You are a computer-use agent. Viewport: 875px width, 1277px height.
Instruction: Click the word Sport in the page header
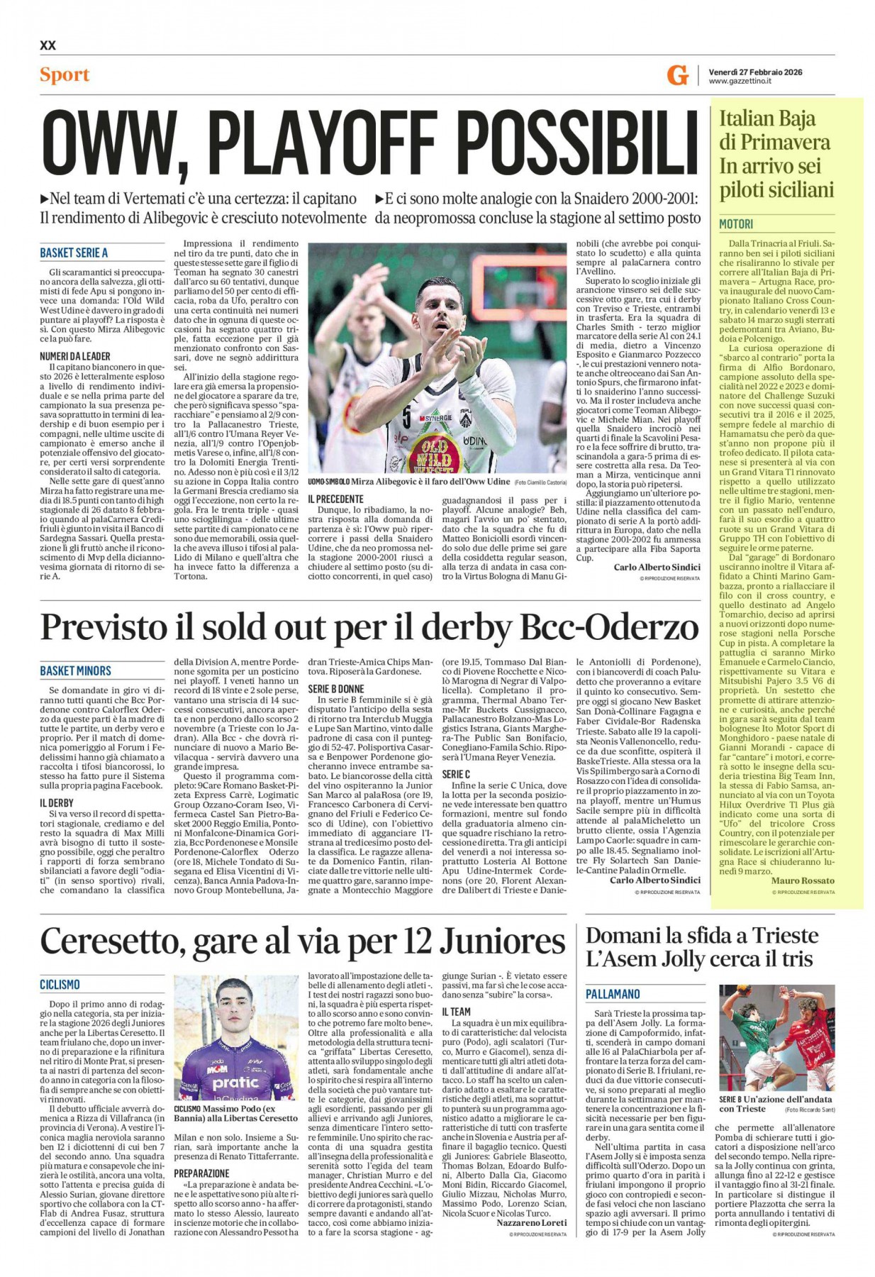point(65,74)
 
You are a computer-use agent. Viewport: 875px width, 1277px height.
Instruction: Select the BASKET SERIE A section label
point(74,253)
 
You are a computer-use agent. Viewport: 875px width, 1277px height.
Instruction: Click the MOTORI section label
point(736,224)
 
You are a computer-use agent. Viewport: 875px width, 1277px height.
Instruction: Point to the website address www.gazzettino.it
point(740,82)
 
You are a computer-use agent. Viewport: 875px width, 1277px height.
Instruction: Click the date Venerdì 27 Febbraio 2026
point(755,72)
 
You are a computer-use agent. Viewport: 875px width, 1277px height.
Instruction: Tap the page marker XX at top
point(48,45)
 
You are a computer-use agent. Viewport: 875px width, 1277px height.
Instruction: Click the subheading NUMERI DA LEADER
point(75,356)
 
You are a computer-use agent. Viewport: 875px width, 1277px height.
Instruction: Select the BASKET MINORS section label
point(75,670)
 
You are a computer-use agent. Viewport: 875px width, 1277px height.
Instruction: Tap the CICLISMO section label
point(60,985)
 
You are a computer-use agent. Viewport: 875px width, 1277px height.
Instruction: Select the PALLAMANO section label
point(613,994)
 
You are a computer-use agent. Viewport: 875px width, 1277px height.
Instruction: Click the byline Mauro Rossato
point(803,880)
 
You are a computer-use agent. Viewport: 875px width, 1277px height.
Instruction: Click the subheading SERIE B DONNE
point(336,689)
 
